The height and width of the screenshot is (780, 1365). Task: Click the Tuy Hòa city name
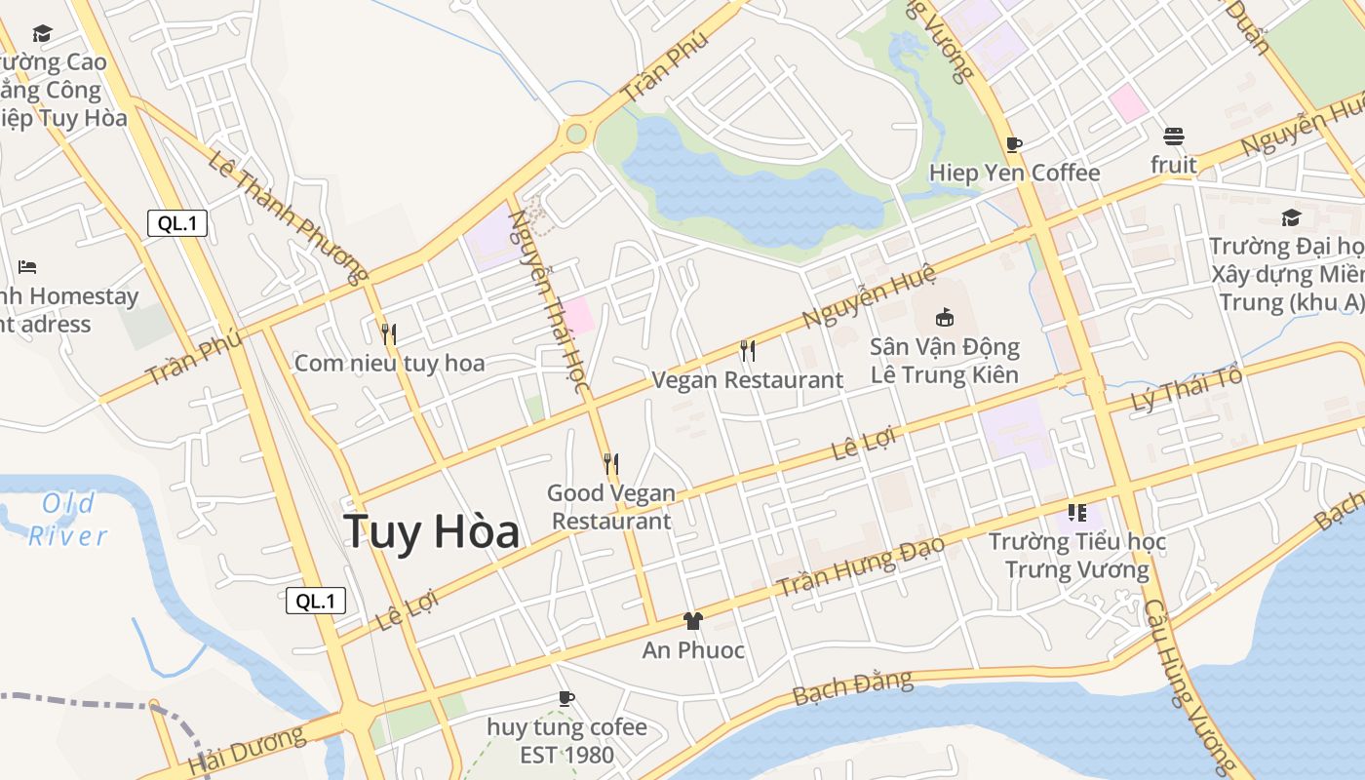431,531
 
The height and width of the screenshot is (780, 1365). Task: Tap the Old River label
68,520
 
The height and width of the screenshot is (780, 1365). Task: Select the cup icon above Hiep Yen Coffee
1014,145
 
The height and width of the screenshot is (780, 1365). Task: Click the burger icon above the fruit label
1173,136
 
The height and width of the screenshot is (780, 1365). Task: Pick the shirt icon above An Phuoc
693,620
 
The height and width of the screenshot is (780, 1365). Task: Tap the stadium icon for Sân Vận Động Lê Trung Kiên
944,317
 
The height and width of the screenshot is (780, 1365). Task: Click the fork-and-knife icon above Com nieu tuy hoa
389,334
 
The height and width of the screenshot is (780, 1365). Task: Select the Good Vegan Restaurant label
611,507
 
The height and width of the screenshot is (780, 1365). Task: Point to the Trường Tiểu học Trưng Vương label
1077,556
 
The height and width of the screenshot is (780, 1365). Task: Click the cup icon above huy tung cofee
565,698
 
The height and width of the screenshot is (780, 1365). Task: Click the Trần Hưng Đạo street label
860,566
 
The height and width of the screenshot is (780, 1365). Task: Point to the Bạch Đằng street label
852,687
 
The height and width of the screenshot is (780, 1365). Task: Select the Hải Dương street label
248,750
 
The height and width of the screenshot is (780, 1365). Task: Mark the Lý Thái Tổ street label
1188,391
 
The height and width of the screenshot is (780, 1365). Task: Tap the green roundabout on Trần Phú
576,133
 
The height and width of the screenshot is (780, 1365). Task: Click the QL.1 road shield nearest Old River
316,601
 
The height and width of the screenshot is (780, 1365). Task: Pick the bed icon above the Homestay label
27,266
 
